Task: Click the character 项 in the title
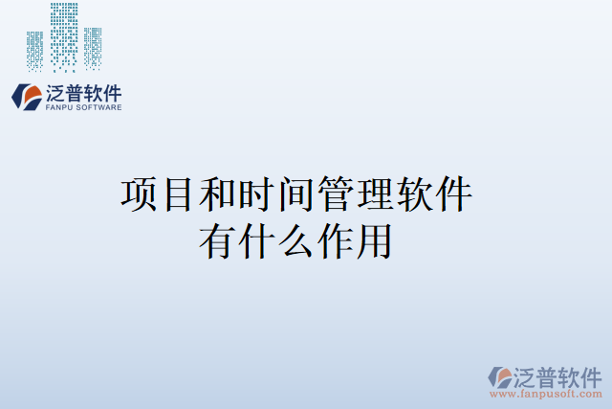pyautogui.click(x=139, y=194)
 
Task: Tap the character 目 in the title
pyautogui.click(x=178, y=194)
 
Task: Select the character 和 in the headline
pyautogui.click(x=217, y=194)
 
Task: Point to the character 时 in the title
pyautogui.click(x=256, y=194)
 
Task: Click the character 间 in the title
pyautogui.click(x=295, y=194)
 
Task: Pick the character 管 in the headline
pyautogui.click(x=335, y=194)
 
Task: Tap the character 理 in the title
pyautogui.click(x=374, y=194)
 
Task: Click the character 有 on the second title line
pyautogui.click(x=217, y=239)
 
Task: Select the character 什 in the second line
pyautogui.click(x=256, y=239)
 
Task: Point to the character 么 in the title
pyautogui.click(x=295, y=239)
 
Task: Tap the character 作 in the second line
pyautogui.click(x=335, y=239)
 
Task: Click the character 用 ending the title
pyautogui.click(x=374, y=239)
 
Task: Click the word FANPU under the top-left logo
pyautogui.click(x=59, y=108)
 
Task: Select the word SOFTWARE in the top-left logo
pyautogui.click(x=98, y=108)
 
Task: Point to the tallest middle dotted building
pyautogui.click(x=64, y=36)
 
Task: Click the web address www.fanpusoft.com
pyautogui.click(x=546, y=394)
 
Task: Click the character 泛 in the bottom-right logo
pyautogui.click(x=526, y=375)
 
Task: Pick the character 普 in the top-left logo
pyautogui.click(x=75, y=94)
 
